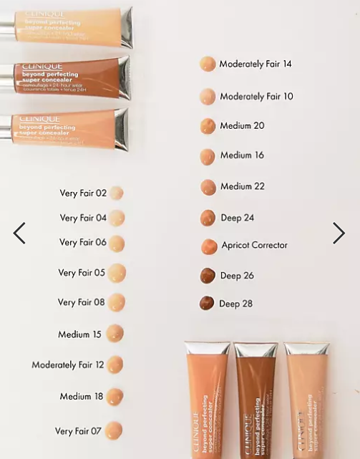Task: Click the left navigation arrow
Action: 19,233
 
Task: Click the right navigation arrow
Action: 339,233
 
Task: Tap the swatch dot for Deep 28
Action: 207,303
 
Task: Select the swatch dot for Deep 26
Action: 208,275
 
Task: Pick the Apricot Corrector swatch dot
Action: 209,246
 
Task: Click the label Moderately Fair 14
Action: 256,64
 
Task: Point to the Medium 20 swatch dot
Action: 208,126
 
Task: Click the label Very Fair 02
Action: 83,193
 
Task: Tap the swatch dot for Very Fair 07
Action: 114,430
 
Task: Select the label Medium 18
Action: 82,396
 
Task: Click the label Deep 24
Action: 237,217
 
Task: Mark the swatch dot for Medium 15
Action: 115,333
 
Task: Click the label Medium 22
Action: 243,186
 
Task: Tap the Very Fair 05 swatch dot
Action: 117,273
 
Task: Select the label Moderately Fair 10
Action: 256,96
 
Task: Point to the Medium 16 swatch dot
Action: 208,156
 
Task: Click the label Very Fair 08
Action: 82,302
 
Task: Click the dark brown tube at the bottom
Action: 256,408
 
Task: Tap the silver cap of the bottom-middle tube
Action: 256,349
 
